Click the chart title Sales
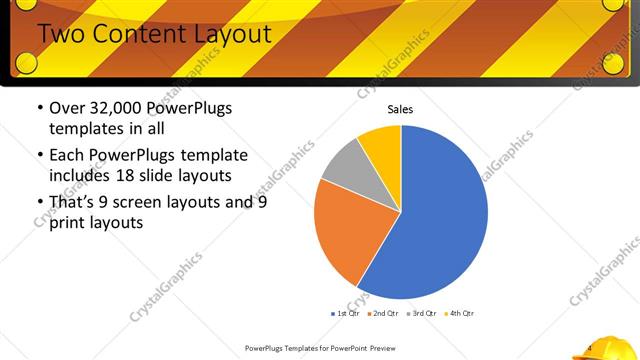400,110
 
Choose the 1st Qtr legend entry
346,314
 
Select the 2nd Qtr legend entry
384,314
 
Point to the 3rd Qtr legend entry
421,314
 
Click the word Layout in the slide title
233,34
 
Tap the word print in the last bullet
69,223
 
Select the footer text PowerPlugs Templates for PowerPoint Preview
321,349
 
